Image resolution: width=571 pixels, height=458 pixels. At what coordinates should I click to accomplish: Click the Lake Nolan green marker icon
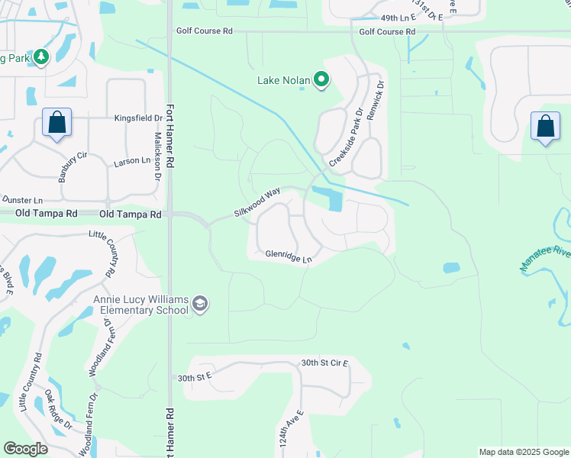[x=322, y=79]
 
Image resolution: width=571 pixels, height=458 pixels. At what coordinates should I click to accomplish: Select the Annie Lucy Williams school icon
[x=200, y=305]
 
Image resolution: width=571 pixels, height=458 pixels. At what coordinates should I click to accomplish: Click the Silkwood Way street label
[x=257, y=203]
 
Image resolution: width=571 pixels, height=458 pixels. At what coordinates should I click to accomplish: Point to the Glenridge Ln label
[x=289, y=256]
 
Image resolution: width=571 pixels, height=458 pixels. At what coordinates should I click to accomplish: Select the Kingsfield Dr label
[x=138, y=118]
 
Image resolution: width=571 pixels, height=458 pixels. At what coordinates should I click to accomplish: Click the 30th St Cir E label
[x=324, y=363]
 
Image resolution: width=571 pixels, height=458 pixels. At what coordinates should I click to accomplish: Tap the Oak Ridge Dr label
[x=58, y=409]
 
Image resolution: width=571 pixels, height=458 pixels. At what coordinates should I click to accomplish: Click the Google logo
[x=26, y=449]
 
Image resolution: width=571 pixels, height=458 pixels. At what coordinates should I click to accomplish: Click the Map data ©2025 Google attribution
[x=523, y=452]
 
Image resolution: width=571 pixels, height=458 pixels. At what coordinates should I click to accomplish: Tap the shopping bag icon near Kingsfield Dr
[x=56, y=122]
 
